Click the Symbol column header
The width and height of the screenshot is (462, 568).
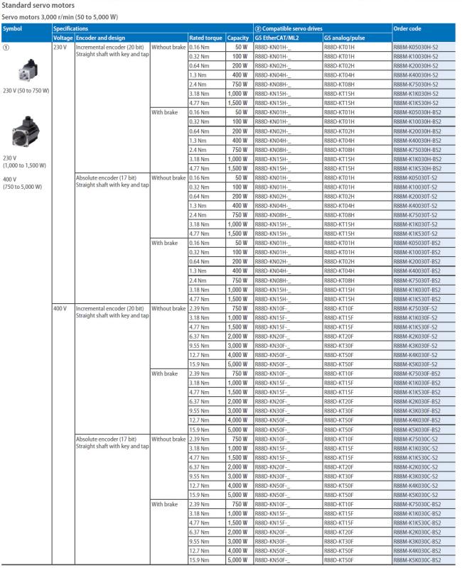[13, 28]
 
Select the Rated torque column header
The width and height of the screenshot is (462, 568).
[205, 37]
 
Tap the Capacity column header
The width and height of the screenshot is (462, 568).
[237, 37]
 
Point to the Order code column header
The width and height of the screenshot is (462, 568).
[407, 28]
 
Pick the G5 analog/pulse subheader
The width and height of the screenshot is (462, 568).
[347, 37]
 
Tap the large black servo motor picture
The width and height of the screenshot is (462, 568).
[27, 132]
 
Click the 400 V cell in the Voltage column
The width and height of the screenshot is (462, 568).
[60, 308]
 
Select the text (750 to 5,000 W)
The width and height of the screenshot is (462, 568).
[23, 187]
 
